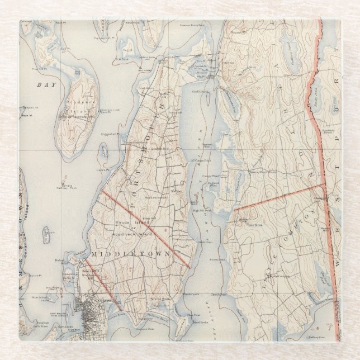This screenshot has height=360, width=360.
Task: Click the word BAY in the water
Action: pyautogui.click(x=42, y=84)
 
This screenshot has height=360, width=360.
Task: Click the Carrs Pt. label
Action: pyautogui.click(x=101, y=169)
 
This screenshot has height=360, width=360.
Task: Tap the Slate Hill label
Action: pyautogui.click(x=148, y=218)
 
